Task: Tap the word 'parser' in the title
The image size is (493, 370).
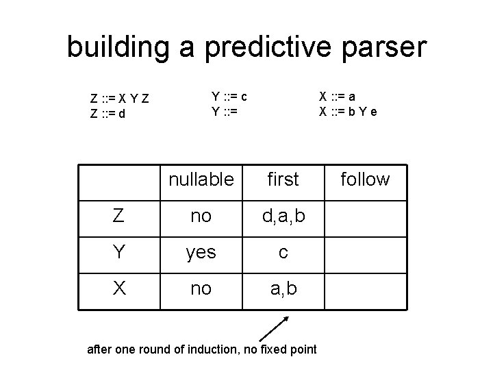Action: point(387,47)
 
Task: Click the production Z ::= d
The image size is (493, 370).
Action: point(108,114)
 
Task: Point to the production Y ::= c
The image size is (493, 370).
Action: point(229,96)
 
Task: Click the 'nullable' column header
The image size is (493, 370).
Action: point(201,180)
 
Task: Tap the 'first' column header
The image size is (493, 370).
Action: point(283,180)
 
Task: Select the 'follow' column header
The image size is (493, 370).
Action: point(365,180)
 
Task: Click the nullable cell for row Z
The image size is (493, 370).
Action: point(201,217)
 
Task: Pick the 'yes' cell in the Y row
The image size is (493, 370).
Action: point(201,253)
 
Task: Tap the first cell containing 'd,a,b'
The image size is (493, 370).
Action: point(283,217)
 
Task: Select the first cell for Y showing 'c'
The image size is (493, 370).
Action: point(283,253)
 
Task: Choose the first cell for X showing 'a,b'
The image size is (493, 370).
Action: point(283,289)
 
